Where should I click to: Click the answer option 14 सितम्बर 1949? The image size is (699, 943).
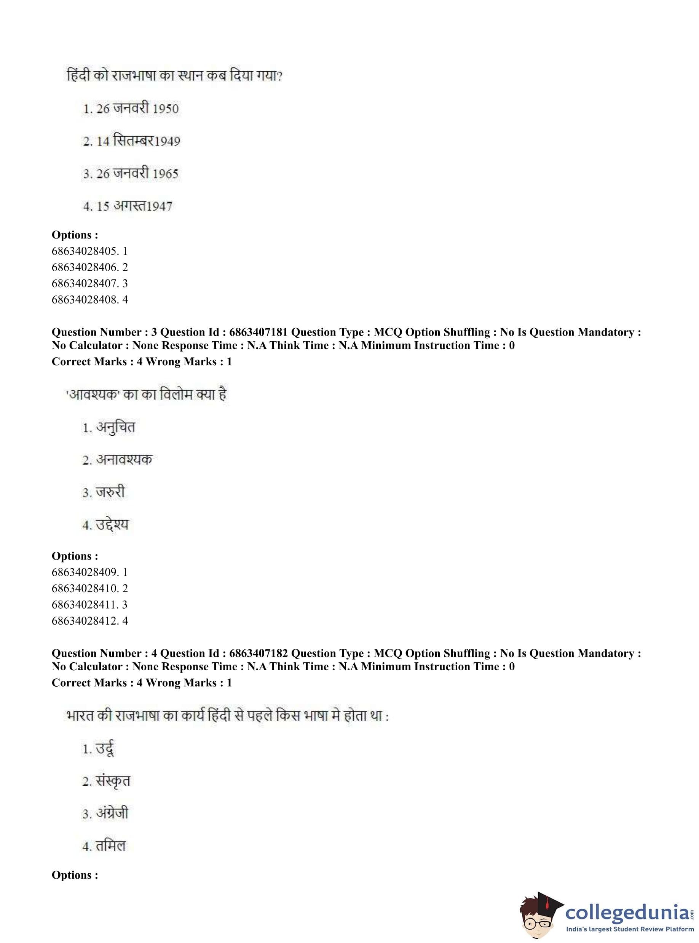tap(132, 141)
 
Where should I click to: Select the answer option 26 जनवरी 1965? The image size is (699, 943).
tap(131, 174)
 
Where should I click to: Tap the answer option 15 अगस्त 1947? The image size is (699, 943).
tap(128, 206)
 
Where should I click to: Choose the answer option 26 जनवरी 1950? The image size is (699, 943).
tap(131, 109)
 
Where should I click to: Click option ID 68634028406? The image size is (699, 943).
tap(89, 267)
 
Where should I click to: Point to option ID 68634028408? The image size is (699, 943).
tap(89, 300)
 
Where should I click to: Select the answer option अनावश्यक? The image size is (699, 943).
tap(118, 460)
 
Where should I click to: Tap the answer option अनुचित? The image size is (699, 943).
tap(109, 427)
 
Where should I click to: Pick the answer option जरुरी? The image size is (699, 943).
tap(104, 492)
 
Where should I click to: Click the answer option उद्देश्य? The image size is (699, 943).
tap(106, 525)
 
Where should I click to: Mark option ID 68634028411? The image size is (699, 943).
tap(89, 604)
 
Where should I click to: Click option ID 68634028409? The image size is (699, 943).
tap(89, 572)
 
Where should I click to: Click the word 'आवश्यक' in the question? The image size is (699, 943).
tap(94, 395)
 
